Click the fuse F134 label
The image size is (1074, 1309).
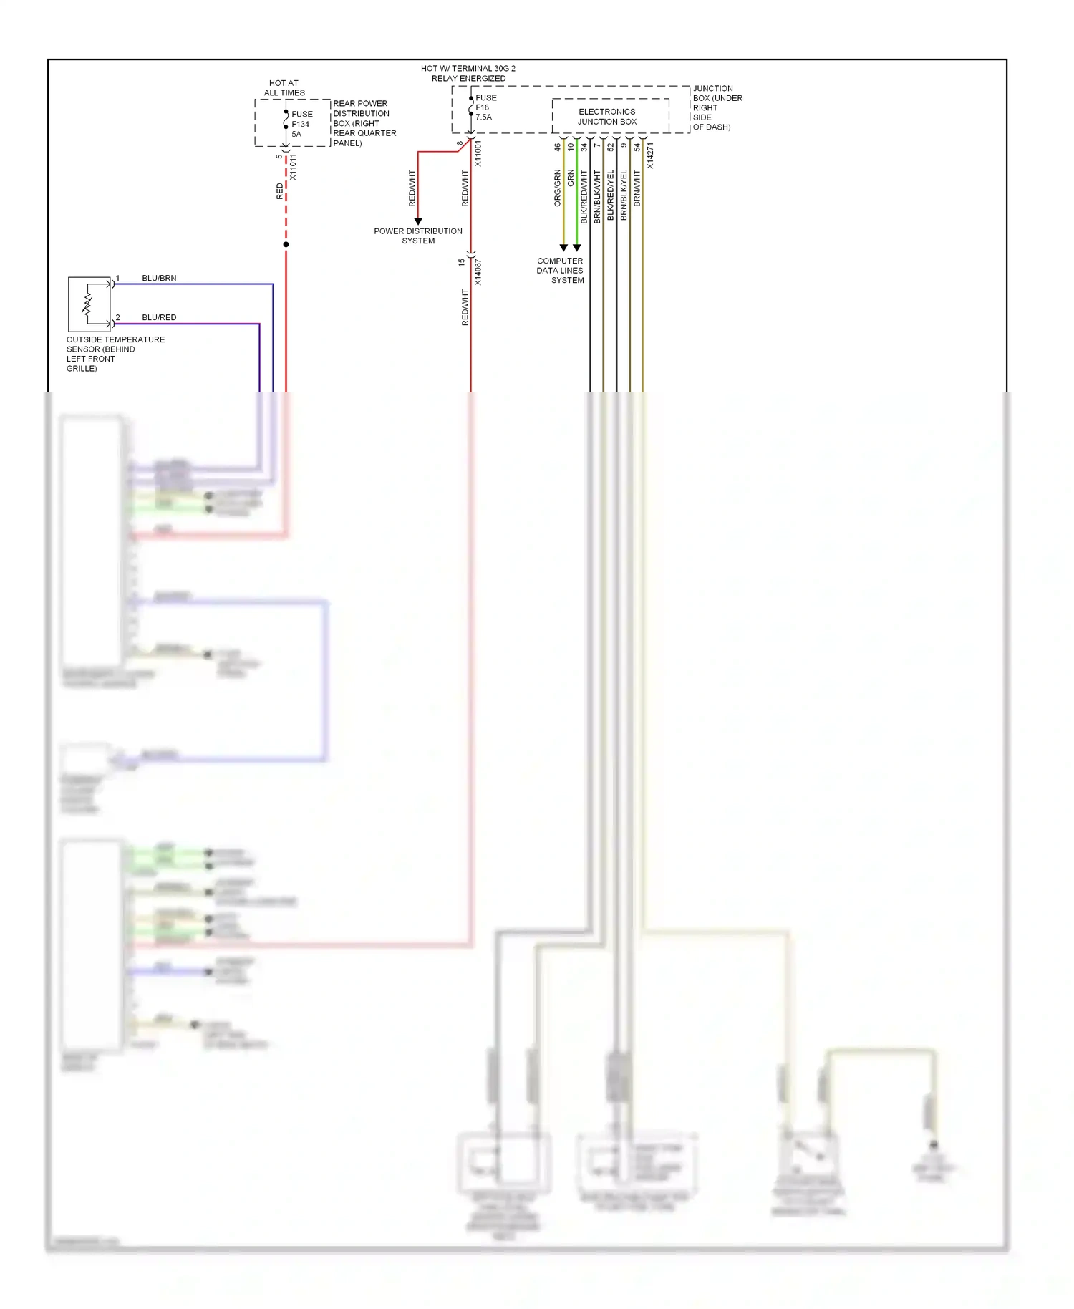(x=301, y=124)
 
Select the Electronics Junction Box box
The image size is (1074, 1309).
(x=610, y=116)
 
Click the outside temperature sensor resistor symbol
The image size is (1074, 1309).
(x=88, y=304)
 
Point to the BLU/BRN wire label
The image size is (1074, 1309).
(x=159, y=278)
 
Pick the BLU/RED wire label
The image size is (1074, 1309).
(x=159, y=317)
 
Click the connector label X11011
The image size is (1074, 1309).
(x=293, y=168)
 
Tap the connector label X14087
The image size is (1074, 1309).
(x=478, y=272)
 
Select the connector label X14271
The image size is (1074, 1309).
(x=650, y=156)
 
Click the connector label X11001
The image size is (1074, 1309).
(x=478, y=154)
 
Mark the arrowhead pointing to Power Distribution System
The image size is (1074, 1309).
(x=418, y=221)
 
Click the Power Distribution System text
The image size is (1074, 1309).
(x=418, y=236)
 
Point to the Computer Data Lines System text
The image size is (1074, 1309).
(x=561, y=271)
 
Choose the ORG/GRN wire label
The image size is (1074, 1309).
(x=558, y=188)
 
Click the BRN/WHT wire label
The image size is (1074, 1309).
(x=637, y=188)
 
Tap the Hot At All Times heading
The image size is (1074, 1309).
(x=284, y=88)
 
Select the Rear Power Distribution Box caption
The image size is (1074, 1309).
(x=364, y=123)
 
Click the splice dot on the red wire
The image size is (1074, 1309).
(x=286, y=245)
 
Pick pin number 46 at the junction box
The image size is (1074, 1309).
(x=558, y=147)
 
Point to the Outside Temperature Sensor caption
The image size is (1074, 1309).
(x=115, y=354)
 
